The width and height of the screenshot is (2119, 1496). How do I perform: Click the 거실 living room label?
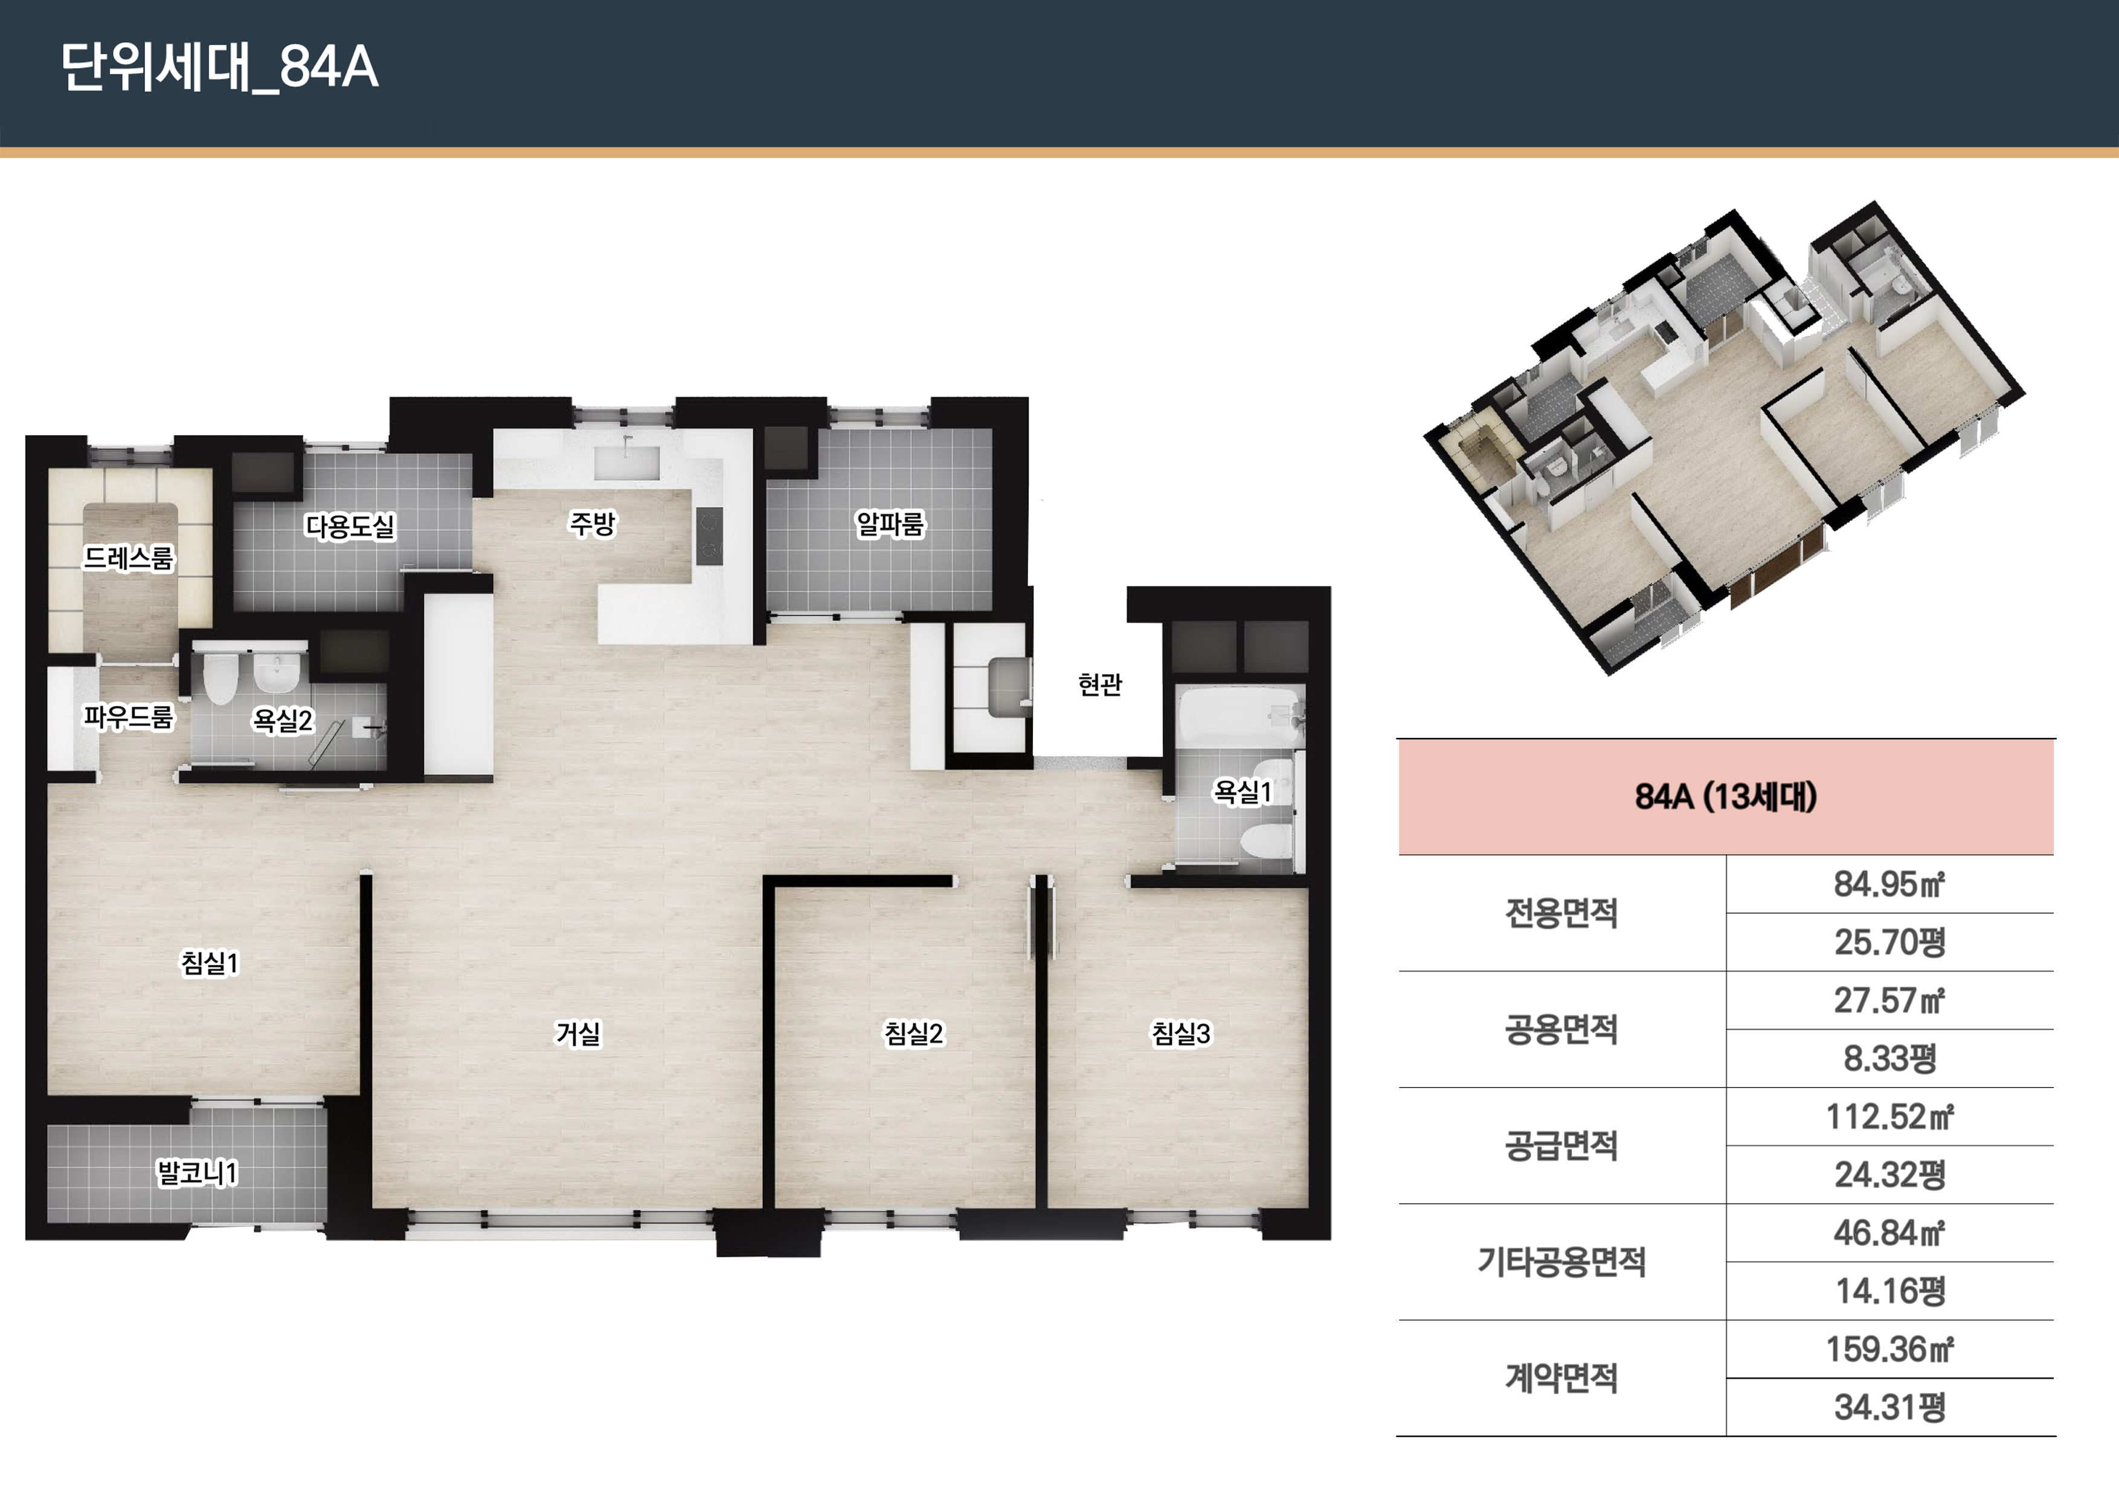(x=577, y=1033)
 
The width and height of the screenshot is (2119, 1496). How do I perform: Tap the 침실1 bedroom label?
(x=210, y=963)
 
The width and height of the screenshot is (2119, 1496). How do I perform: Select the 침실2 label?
(x=914, y=1033)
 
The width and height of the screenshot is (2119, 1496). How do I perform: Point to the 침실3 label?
(x=1180, y=1033)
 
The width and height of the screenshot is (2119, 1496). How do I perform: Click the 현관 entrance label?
(x=1100, y=684)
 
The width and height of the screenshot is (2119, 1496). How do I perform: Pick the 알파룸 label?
(x=890, y=524)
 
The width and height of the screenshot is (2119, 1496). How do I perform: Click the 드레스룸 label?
(x=128, y=557)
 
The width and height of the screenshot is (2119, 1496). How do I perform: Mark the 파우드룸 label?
(x=128, y=717)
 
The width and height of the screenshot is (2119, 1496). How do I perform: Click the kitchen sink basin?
(x=626, y=463)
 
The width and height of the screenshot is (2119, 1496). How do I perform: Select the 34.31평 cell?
(x=1889, y=1407)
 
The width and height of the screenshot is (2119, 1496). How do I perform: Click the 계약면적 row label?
(x=1561, y=1378)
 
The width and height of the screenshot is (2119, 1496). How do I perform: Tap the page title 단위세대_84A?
(x=220, y=66)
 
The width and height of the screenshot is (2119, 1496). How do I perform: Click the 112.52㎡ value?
(x=1889, y=1117)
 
